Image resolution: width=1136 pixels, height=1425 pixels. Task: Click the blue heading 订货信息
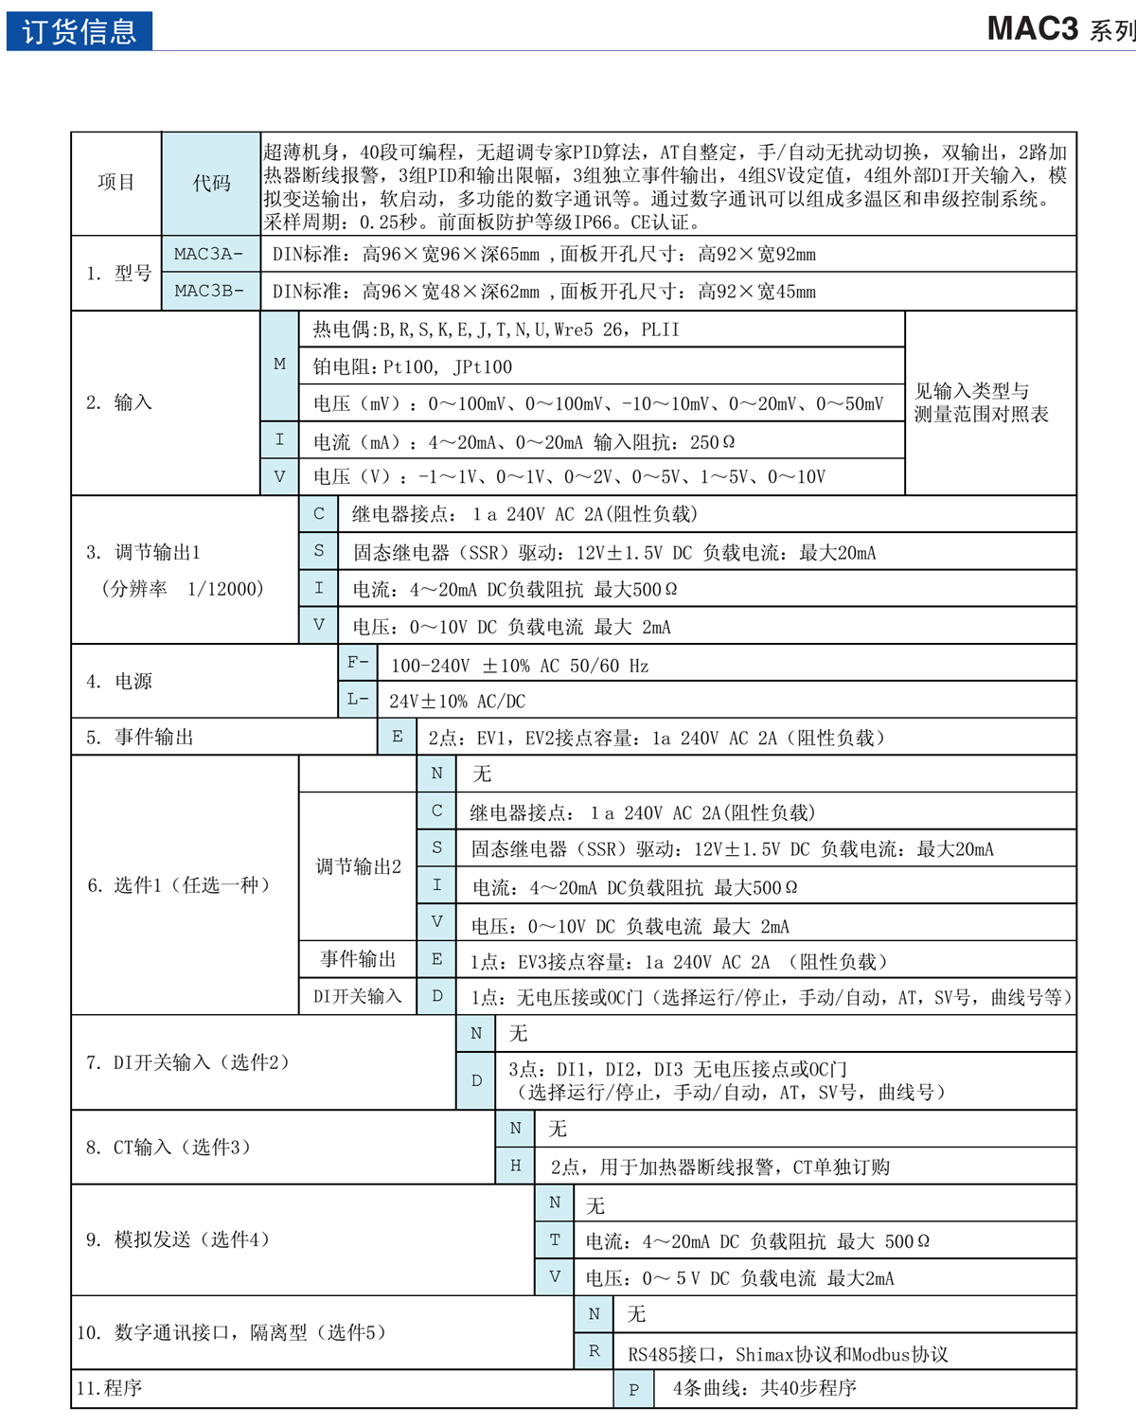coord(80,31)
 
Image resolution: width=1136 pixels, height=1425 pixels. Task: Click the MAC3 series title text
coord(1059,29)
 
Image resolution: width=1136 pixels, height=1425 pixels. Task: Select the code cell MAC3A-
coord(209,254)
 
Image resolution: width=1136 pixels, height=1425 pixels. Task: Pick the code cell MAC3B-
coord(209,291)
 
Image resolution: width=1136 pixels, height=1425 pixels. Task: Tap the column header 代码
coord(211,183)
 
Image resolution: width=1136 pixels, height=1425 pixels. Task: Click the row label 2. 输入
coord(119,402)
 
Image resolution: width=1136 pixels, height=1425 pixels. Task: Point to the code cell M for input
coord(279,364)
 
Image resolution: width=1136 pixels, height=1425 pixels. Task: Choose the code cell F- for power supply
coord(358,663)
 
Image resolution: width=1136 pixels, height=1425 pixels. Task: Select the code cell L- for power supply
coord(358,700)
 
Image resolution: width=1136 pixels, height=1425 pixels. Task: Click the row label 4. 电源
coord(119,682)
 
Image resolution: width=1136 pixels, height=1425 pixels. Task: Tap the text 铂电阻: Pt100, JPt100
coord(413,367)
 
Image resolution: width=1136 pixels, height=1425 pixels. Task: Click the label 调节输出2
coord(358,866)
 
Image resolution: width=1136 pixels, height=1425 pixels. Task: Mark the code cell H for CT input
coord(515,1166)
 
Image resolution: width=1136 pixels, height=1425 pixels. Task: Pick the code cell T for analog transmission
coord(555,1239)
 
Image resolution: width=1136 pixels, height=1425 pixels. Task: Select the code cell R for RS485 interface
coord(594,1351)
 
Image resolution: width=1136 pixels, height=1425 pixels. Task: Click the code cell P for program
coord(633,1389)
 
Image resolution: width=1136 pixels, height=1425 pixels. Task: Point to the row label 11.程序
coord(110,1388)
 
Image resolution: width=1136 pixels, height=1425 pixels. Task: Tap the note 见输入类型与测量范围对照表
coord(982,402)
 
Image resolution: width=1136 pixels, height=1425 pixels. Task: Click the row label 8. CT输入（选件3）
coord(169,1148)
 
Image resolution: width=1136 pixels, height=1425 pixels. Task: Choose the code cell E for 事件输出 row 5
coord(397,737)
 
